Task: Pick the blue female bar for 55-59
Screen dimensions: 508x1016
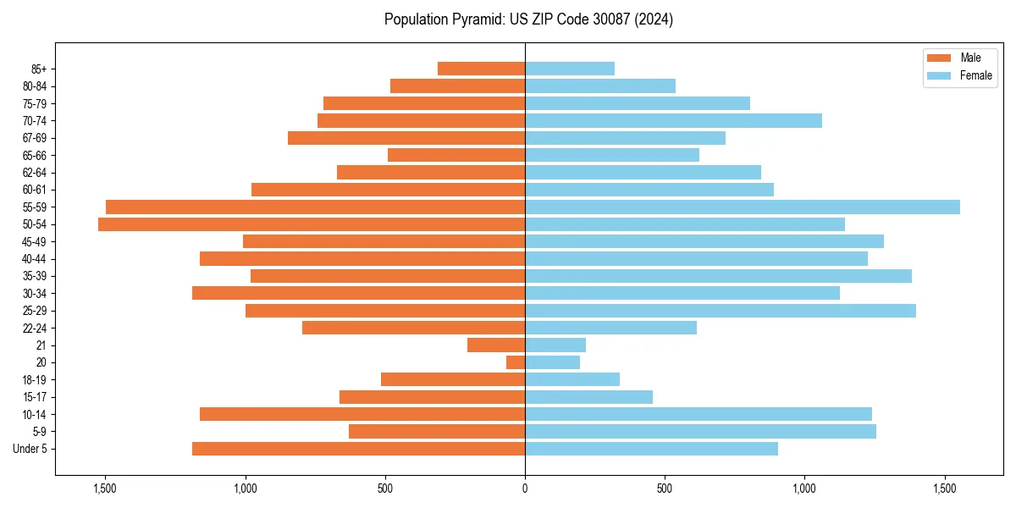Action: click(x=743, y=207)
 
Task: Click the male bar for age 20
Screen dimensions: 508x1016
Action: click(x=516, y=362)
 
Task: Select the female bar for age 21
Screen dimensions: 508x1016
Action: click(x=555, y=345)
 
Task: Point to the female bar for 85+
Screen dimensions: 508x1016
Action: click(x=570, y=69)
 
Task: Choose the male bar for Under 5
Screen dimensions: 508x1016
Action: click(x=358, y=449)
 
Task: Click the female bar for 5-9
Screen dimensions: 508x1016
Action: click(x=700, y=432)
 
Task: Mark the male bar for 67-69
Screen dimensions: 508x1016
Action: click(x=406, y=138)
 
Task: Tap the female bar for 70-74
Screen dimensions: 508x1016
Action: click(x=673, y=120)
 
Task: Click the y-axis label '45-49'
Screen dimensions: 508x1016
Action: click(x=35, y=242)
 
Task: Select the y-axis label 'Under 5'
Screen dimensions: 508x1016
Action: click(x=30, y=449)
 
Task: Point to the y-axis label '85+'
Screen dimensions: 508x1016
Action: click(x=38, y=69)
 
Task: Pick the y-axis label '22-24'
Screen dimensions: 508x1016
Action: click(x=35, y=328)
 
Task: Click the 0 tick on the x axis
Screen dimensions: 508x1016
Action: click(x=525, y=489)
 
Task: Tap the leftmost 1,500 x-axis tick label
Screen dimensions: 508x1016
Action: click(x=105, y=489)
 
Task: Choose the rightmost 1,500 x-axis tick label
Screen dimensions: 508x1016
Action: click(x=945, y=489)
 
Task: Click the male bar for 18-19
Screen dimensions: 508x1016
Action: click(x=453, y=379)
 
